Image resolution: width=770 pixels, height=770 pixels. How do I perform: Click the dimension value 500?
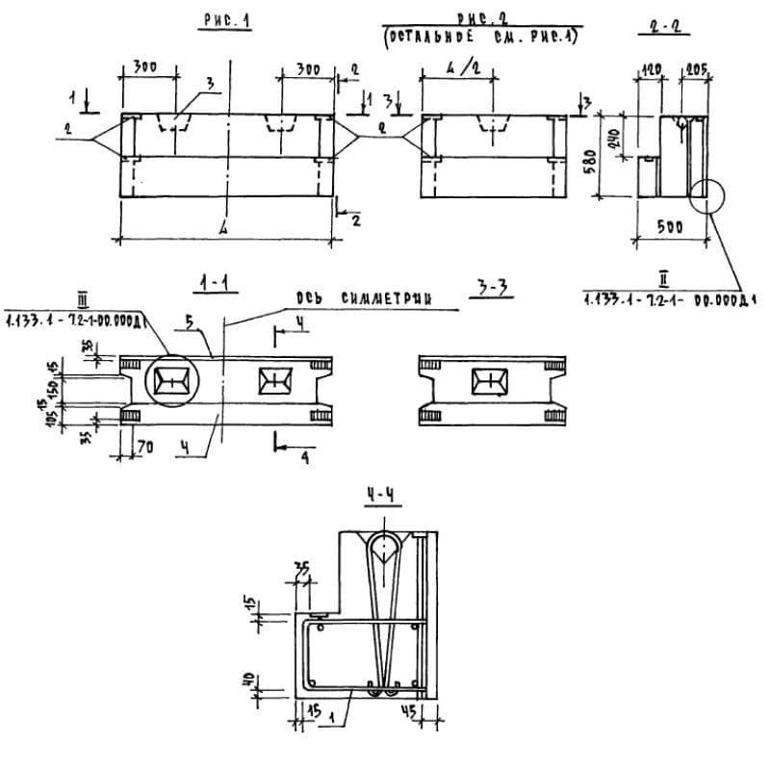pyautogui.click(x=669, y=228)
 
